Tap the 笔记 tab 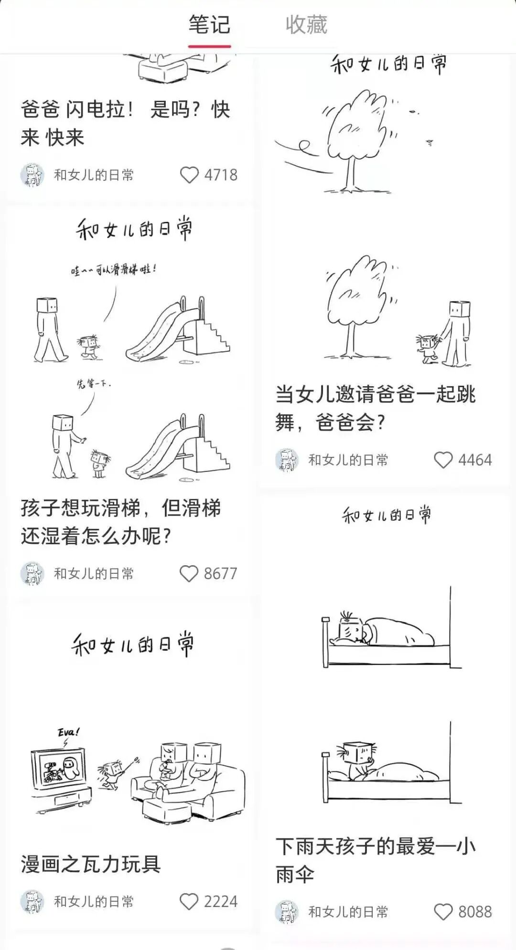pos(209,25)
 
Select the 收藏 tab pos(306,25)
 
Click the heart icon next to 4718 pos(189,175)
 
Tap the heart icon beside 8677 pos(189,573)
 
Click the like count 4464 pos(475,460)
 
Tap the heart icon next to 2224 pos(189,902)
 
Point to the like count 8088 pos(475,912)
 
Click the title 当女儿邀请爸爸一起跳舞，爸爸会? pos(375,409)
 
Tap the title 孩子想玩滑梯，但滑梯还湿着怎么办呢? pos(120,522)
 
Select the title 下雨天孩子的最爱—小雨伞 pos(375,860)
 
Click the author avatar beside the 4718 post pos(32,175)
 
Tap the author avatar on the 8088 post pos(287,912)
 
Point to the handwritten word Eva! pos(68,732)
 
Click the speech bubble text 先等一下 pos(94,384)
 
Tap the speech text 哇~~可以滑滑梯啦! pos(113,270)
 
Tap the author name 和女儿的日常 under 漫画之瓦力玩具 pos(94,902)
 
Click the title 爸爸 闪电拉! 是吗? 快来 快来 pos(125,124)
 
